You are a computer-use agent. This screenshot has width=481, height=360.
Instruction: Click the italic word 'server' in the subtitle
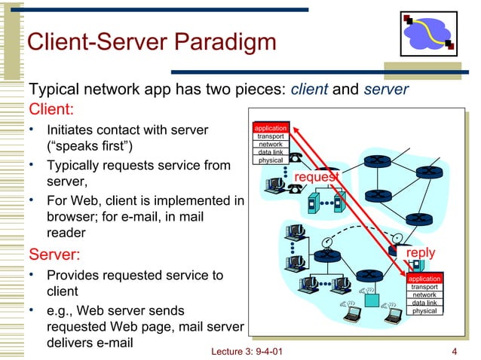click(x=385, y=89)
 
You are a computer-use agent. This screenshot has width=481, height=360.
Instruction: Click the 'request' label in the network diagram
click(x=317, y=176)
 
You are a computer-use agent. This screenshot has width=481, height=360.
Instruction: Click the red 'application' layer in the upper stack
click(x=271, y=128)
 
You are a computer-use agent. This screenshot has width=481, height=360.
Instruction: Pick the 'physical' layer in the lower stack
click(x=424, y=310)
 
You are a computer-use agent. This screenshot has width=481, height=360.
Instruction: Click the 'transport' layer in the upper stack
click(x=271, y=136)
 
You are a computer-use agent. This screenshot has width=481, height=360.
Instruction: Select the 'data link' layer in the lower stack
click(x=424, y=303)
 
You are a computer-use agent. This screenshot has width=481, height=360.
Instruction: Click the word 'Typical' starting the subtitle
click(x=54, y=89)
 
